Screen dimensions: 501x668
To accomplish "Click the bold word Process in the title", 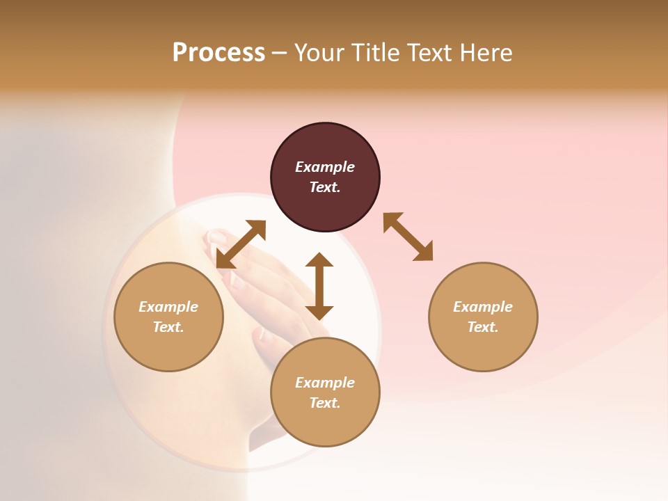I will point(218,53).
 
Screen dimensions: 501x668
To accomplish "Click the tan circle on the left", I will point(168,317).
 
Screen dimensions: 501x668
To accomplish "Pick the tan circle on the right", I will point(483,317).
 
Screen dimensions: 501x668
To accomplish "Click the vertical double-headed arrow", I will point(319,286).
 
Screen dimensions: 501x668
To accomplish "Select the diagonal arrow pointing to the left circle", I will point(241,244).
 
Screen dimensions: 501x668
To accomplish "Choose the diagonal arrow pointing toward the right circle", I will point(408,237).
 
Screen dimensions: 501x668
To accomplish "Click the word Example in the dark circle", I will point(325,167).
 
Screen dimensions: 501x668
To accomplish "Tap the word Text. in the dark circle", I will point(325,187).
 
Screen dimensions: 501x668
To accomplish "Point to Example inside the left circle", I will point(168,307).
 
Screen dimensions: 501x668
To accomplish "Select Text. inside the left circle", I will point(168,327).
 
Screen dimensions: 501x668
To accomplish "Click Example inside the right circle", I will point(483,307).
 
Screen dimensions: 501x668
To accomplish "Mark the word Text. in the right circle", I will point(483,327).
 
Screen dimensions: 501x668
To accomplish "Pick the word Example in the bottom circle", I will point(325,383).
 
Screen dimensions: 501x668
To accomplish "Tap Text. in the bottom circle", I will point(325,403).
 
